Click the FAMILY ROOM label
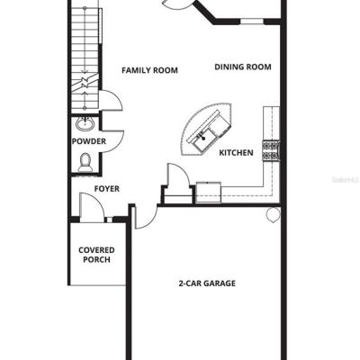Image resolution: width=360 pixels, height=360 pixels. pyautogui.click(x=149, y=70)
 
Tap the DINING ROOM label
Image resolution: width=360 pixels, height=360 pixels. pyautogui.click(x=243, y=67)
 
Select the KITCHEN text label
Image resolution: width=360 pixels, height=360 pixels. pyautogui.click(x=236, y=153)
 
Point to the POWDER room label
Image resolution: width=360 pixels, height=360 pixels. pyautogui.click(x=89, y=141)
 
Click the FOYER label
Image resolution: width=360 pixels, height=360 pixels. pyautogui.click(x=107, y=189)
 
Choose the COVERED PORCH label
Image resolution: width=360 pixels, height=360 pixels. pyautogui.click(x=96, y=255)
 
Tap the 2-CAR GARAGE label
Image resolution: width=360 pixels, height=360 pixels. pyautogui.click(x=207, y=283)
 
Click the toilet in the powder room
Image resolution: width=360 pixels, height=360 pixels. pyautogui.click(x=85, y=162)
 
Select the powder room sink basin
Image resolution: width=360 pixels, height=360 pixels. pyautogui.click(x=85, y=123)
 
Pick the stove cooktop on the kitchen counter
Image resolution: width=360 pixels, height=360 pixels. pyautogui.click(x=271, y=150)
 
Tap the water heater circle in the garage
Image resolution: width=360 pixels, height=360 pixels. pyautogui.click(x=273, y=215)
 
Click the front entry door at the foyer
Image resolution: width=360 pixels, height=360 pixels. pyautogui.click(x=92, y=208)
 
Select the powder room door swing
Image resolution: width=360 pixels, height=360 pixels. pyautogui.click(x=112, y=141)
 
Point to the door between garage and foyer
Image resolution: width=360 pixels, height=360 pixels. pyautogui.click(x=146, y=217)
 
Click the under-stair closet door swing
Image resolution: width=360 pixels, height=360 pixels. pyautogui.click(x=111, y=100)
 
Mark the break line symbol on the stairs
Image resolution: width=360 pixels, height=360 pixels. pyautogui.click(x=85, y=82)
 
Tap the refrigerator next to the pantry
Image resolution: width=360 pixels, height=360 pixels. pyautogui.click(x=209, y=193)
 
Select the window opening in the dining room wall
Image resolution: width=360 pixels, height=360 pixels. pyautogui.click(x=252, y=22)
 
